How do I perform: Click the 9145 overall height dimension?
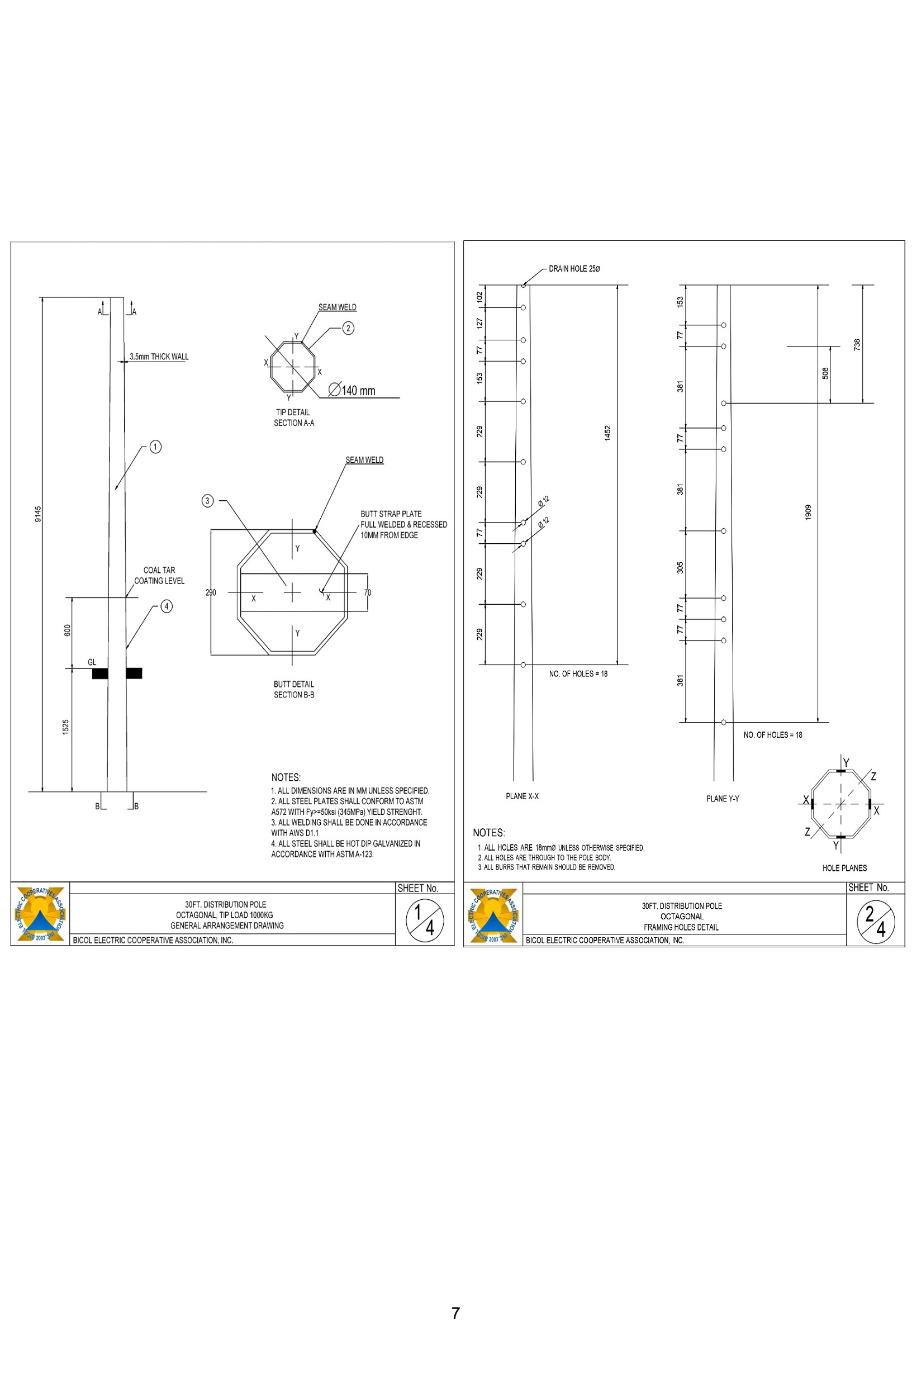pos(38,514)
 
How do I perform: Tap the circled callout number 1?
pos(155,447)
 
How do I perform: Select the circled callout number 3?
pos(207,501)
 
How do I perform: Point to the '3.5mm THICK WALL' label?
pos(159,357)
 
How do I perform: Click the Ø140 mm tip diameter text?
pos(351,390)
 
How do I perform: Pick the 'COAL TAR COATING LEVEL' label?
pos(159,575)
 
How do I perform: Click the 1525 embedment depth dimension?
pos(66,727)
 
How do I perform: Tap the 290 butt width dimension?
pos(211,592)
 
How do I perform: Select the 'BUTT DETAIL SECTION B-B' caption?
pos(293,689)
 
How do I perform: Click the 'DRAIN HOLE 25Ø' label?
pos(574,268)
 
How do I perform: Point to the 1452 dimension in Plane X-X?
pos(608,433)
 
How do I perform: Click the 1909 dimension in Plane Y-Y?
pos(808,512)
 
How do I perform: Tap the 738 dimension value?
pos(857,345)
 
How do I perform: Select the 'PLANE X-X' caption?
pos(522,796)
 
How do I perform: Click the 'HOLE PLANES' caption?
pos(844,868)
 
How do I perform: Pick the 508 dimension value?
pos(825,373)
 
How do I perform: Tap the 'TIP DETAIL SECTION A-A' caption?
pos(293,417)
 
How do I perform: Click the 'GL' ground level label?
pos(92,662)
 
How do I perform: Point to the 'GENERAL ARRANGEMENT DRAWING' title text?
pos(227,926)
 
